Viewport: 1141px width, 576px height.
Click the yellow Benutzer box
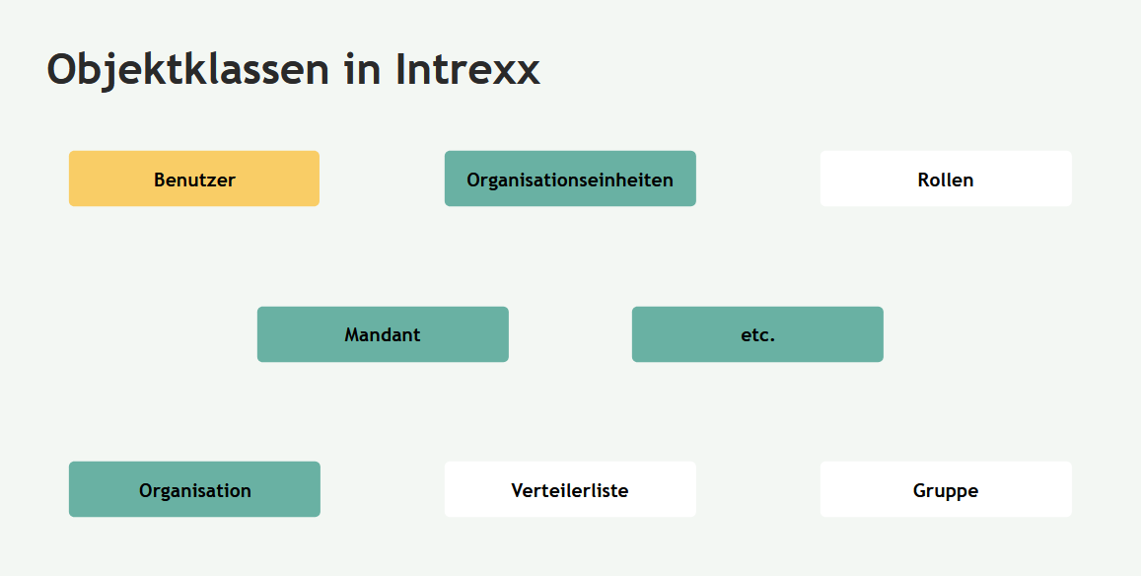click(x=194, y=179)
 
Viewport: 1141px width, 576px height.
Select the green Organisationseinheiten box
click(x=570, y=179)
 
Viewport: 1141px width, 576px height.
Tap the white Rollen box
click(x=946, y=179)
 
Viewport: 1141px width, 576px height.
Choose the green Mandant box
click(x=383, y=334)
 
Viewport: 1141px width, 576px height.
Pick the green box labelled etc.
click(x=757, y=334)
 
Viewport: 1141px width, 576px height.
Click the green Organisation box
click(x=194, y=489)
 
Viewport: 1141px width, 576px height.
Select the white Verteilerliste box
click(x=570, y=489)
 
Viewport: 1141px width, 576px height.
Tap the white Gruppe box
click(x=946, y=489)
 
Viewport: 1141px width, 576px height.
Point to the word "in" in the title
click(x=363, y=69)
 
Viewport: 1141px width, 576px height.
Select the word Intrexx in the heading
click(x=467, y=69)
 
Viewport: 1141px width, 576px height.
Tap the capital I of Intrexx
click(x=401, y=69)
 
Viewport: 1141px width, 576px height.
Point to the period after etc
click(x=772, y=339)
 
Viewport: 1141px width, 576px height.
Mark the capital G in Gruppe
click(x=920, y=490)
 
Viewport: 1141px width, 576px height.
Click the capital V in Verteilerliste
click(x=518, y=490)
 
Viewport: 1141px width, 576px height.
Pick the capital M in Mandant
click(x=352, y=334)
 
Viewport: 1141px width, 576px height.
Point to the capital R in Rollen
click(x=924, y=180)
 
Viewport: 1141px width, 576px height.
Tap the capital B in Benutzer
click(x=160, y=180)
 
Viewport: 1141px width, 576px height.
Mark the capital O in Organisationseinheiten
click(x=473, y=180)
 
